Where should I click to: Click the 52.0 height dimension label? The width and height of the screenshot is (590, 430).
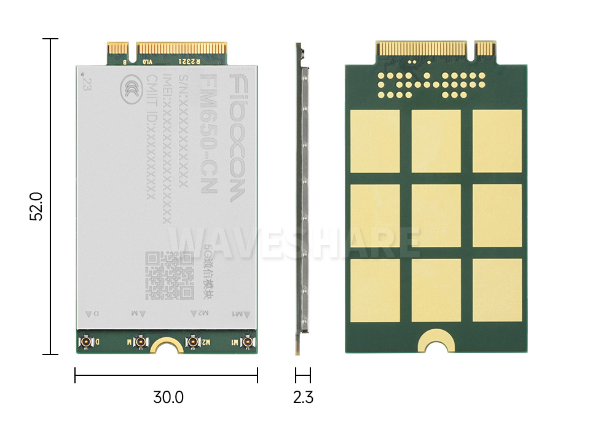[36, 206]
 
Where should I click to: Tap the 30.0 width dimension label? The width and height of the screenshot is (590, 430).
[168, 397]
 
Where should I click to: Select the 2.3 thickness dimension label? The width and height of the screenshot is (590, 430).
[303, 397]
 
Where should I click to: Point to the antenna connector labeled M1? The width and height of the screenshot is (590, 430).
[248, 342]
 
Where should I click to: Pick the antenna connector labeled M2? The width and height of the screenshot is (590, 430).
[193, 342]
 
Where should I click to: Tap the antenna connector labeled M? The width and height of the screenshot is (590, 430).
[140, 342]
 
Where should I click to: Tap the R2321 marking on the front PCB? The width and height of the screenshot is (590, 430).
[188, 62]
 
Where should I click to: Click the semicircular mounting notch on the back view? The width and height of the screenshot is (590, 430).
[436, 342]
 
